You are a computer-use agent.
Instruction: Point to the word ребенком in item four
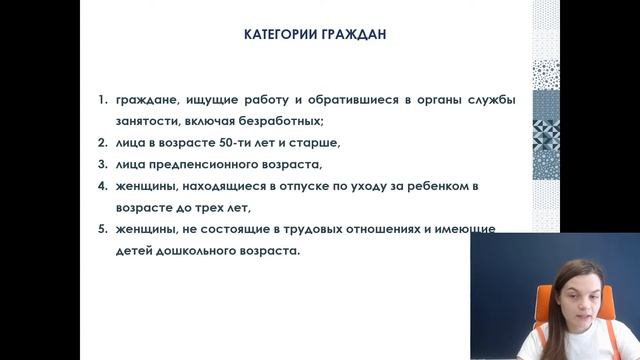pos(467,186)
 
